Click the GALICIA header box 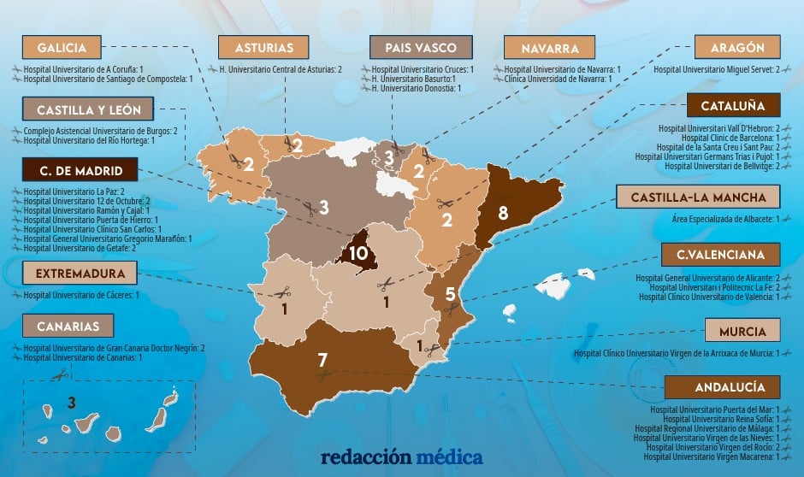coord(62,47)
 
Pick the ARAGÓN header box coord(738,47)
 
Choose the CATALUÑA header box coord(733,106)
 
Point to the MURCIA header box coord(742,331)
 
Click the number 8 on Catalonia coord(504,213)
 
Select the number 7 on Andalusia coord(322,360)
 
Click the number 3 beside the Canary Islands coord(72,402)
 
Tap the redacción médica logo coord(401,457)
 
